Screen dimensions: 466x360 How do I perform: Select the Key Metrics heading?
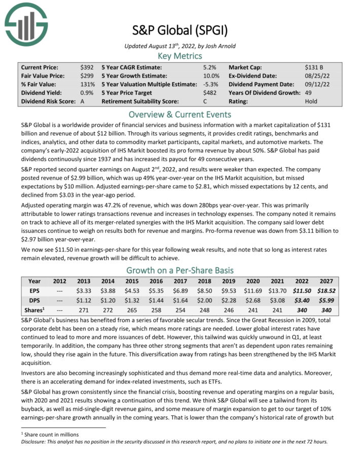coord(179,56)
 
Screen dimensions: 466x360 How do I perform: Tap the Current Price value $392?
coord(87,67)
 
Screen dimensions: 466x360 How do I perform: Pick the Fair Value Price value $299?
coord(87,76)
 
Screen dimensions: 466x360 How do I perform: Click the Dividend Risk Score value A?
coord(83,101)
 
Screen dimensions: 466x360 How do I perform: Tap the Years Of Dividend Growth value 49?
coord(309,93)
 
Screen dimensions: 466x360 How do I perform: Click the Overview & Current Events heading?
coord(179,114)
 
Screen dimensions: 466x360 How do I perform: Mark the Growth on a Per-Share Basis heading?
coord(179,270)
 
